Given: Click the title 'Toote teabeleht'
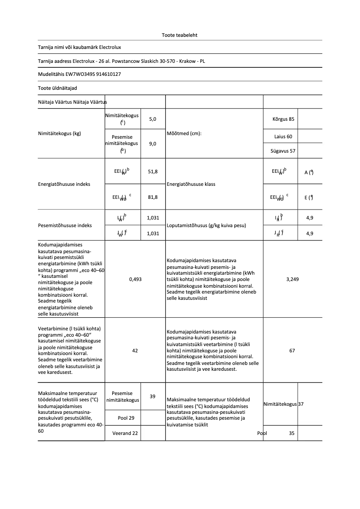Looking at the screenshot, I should pyautogui.click(x=180, y=35).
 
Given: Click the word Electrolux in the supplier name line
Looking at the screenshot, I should pyautogui.click(x=110, y=47).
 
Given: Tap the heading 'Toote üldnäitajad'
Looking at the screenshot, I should pyautogui.click(x=54, y=88).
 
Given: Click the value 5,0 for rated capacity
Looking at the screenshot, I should pyautogui.click(x=153, y=119).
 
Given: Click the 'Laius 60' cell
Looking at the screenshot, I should pyautogui.click(x=283, y=136).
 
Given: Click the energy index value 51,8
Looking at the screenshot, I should pyautogui.click(x=153, y=171).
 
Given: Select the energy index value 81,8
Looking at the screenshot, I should pyautogui.click(x=153, y=197).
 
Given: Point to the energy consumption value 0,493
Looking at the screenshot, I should pyautogui.click(x=135, y=279).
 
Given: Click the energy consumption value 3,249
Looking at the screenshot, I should pyautogui.click(x=292, y=279).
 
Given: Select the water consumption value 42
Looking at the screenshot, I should pyautogui.click(x=135, y=351).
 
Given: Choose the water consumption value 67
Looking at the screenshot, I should pyautogui.click(x=292, y=351).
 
